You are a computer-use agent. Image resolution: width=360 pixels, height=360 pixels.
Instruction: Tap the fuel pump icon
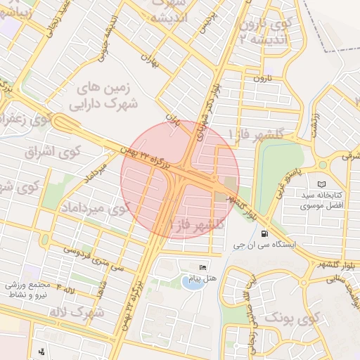264,234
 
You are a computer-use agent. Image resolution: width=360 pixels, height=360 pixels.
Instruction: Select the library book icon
322,184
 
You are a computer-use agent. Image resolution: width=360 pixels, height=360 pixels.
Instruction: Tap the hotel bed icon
204,267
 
